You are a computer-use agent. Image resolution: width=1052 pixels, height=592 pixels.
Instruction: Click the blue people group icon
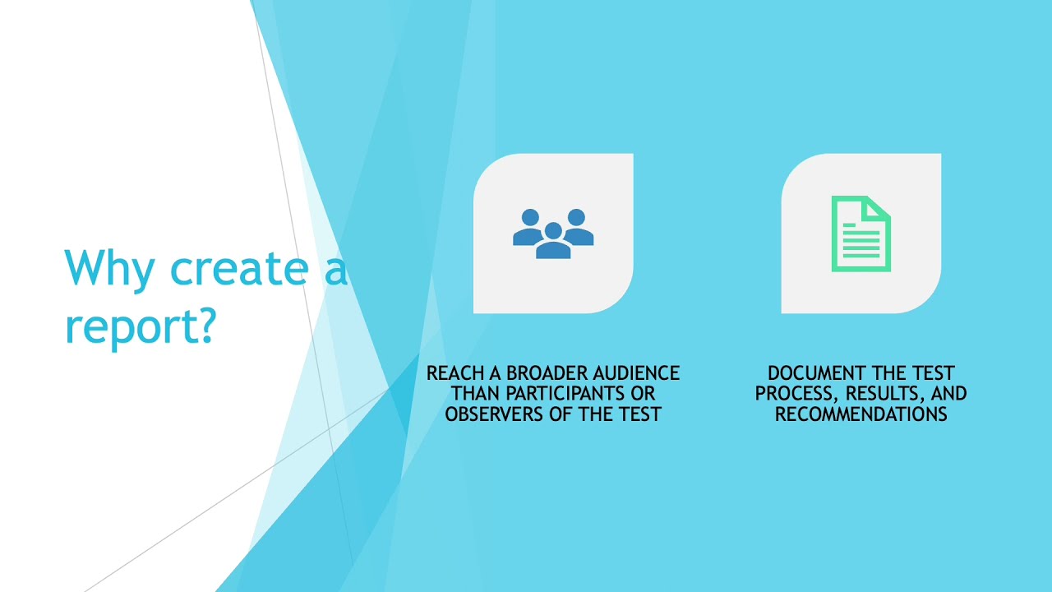click(x=553, y=234)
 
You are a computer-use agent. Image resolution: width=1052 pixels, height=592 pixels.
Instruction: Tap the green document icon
click(x=861, y=234)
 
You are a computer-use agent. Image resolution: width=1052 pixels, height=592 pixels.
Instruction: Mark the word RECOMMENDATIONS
click(x=861, y=414)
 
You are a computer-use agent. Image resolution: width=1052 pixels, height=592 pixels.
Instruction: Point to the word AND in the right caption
click(x=949, y=394)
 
